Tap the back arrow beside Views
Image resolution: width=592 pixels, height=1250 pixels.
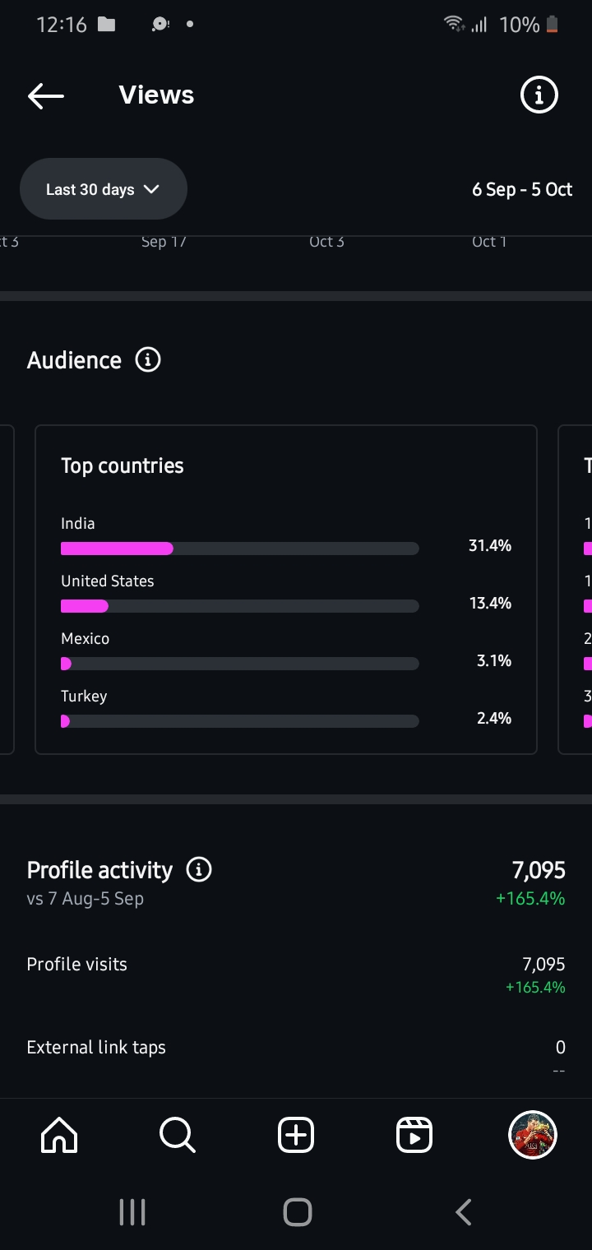[x=46, y=95]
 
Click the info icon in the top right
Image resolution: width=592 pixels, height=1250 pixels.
[x=539, y=95]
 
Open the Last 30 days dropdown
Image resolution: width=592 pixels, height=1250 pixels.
[x=104, y=189]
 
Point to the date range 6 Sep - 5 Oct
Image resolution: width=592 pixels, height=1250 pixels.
[x=522, y=190]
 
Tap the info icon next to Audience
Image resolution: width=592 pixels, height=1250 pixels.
[x=148, y=359]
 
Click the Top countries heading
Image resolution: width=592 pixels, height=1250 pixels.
[x=123, y=465]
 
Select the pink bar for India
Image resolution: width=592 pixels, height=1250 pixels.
[x=117, y=549]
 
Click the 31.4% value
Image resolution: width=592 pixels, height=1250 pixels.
[x=490, y=546]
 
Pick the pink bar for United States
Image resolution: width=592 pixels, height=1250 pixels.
[x=85, y=606]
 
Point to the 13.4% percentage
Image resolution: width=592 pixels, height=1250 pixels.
[x=490, y=604]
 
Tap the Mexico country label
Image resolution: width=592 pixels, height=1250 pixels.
[x=85, y=638]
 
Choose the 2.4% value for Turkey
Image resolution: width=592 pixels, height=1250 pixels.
[x=494, y=719]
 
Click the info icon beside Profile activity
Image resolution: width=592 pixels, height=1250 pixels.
[x=199, y=869]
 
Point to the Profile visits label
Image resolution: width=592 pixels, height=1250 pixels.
[x=77, y=964]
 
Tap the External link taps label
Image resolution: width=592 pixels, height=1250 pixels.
[x=96, y=1047]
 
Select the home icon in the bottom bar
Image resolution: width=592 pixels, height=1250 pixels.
[x=59, y=1136]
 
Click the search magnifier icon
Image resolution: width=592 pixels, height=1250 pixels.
[x=178, y=1136]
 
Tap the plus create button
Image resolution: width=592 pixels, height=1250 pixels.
[x=296, y=1136]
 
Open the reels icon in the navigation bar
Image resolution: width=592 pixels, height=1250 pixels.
[x=414, y=1136]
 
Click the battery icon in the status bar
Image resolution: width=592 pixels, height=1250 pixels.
[x=553, y=25]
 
